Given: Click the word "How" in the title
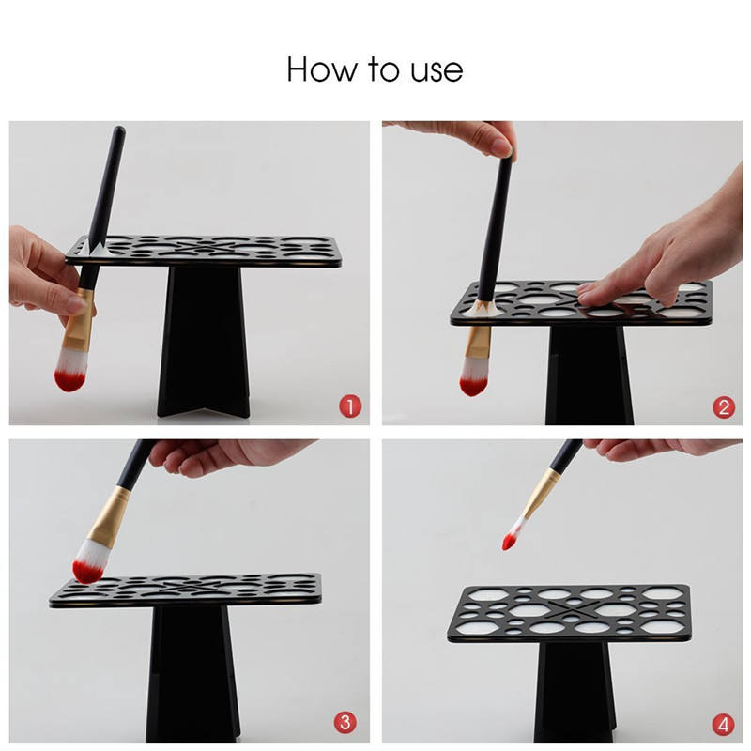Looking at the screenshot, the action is (x=322, y=69).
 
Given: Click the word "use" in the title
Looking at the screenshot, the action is (x=437, y=72).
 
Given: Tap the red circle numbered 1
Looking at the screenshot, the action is (x=350, y=406).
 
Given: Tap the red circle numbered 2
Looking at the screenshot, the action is (x=724, y=407).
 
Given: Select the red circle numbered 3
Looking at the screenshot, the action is (x=345, y=722).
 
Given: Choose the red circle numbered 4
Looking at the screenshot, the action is (x=723, y=725).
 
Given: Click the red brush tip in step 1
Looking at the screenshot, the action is (x=69, y=380).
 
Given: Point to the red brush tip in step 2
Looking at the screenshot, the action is (x=473, y=386).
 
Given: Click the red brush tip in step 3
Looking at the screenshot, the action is (x=87, y=572).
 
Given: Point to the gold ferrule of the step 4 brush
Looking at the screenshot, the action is (x=541, y=494).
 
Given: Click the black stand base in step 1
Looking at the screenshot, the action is (x=204, y=341).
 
